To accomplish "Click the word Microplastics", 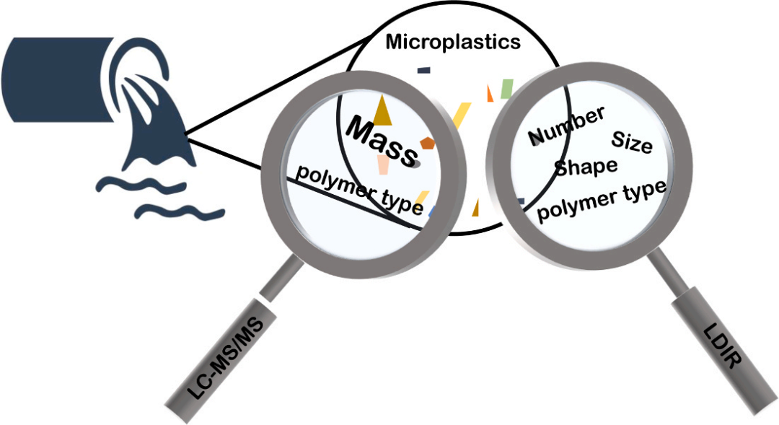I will (x=453, y=42).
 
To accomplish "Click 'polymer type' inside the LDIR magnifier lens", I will (x=602, y=201).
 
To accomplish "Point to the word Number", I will (x=565, y=126).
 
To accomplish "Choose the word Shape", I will (x=586, y=167).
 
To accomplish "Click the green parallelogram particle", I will (x=506, y=89).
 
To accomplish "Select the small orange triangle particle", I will (x=490, y=92).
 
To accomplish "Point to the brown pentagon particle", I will (x=428, y=143).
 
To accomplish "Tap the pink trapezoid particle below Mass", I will (x=382, y=165).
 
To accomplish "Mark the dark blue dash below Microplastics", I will (x=423, y=70).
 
